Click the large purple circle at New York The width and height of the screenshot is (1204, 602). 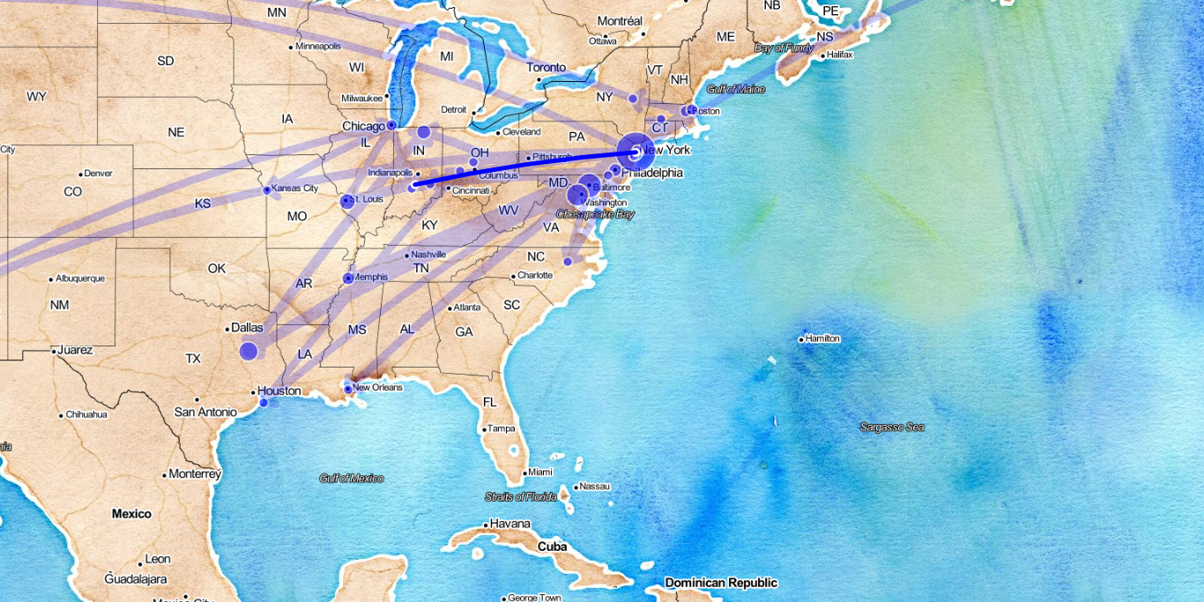pyautogui.click(x=635, y=152)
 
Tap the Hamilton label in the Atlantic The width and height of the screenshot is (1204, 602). pyautogui.click(x=821, y=338)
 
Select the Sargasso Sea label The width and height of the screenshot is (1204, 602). pyautogui.click(x=892, y=427)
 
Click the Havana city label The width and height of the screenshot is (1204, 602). pyautogui.click(x=509, y=524)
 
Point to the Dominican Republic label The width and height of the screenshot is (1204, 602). pyautogui.click(x=721, y=583)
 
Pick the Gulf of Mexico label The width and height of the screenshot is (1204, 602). pyautogui.click(x=352, y=478)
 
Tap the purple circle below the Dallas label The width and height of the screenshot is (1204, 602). pyautogui.click(x=249, y=352)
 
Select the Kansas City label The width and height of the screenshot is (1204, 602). pyautogui.click(x=294, y=189)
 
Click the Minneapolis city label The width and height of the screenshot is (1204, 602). pyautogui.click(x=318, y=46)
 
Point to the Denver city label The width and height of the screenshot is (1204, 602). pyautogui.click(x=98, y=173)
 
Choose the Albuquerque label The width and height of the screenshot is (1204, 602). pyautogui.click(x=79, y=279)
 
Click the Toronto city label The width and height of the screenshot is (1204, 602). pyautogui.click(x=546, y=67)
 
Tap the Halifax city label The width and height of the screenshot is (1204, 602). pyautogui.click(x=839, y=55)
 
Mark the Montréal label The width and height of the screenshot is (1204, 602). pyautogui.click(x=620, y=20)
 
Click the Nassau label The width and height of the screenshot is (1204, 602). pyautogui.click(x=594, y=486)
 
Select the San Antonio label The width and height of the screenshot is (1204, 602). pyautogui.click(x=205, y=412)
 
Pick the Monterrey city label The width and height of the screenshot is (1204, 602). pyautogui.click(x=194, y=474)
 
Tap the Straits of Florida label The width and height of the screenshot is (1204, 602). pyautogui.click(x=521, y=497)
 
